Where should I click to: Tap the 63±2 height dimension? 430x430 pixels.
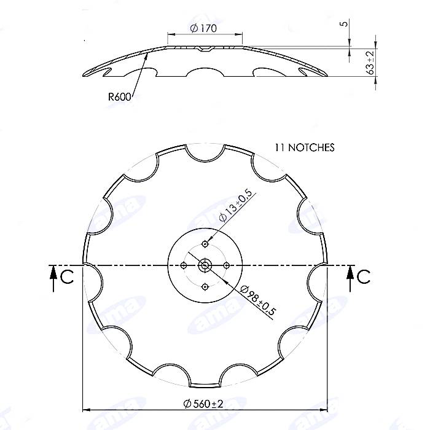pos(370,63)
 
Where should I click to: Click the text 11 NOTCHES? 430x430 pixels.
pos(305,148)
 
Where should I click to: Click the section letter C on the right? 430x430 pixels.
pos(364,277)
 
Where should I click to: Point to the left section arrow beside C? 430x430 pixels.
pos(53,278)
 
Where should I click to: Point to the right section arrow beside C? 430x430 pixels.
pos(350,278)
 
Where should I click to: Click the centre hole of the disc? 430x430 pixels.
pos(206,265)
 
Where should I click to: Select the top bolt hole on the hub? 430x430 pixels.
pos(206,244)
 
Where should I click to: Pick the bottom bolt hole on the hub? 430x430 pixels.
pos(206,286)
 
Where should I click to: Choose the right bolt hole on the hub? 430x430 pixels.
pos(227,265)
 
